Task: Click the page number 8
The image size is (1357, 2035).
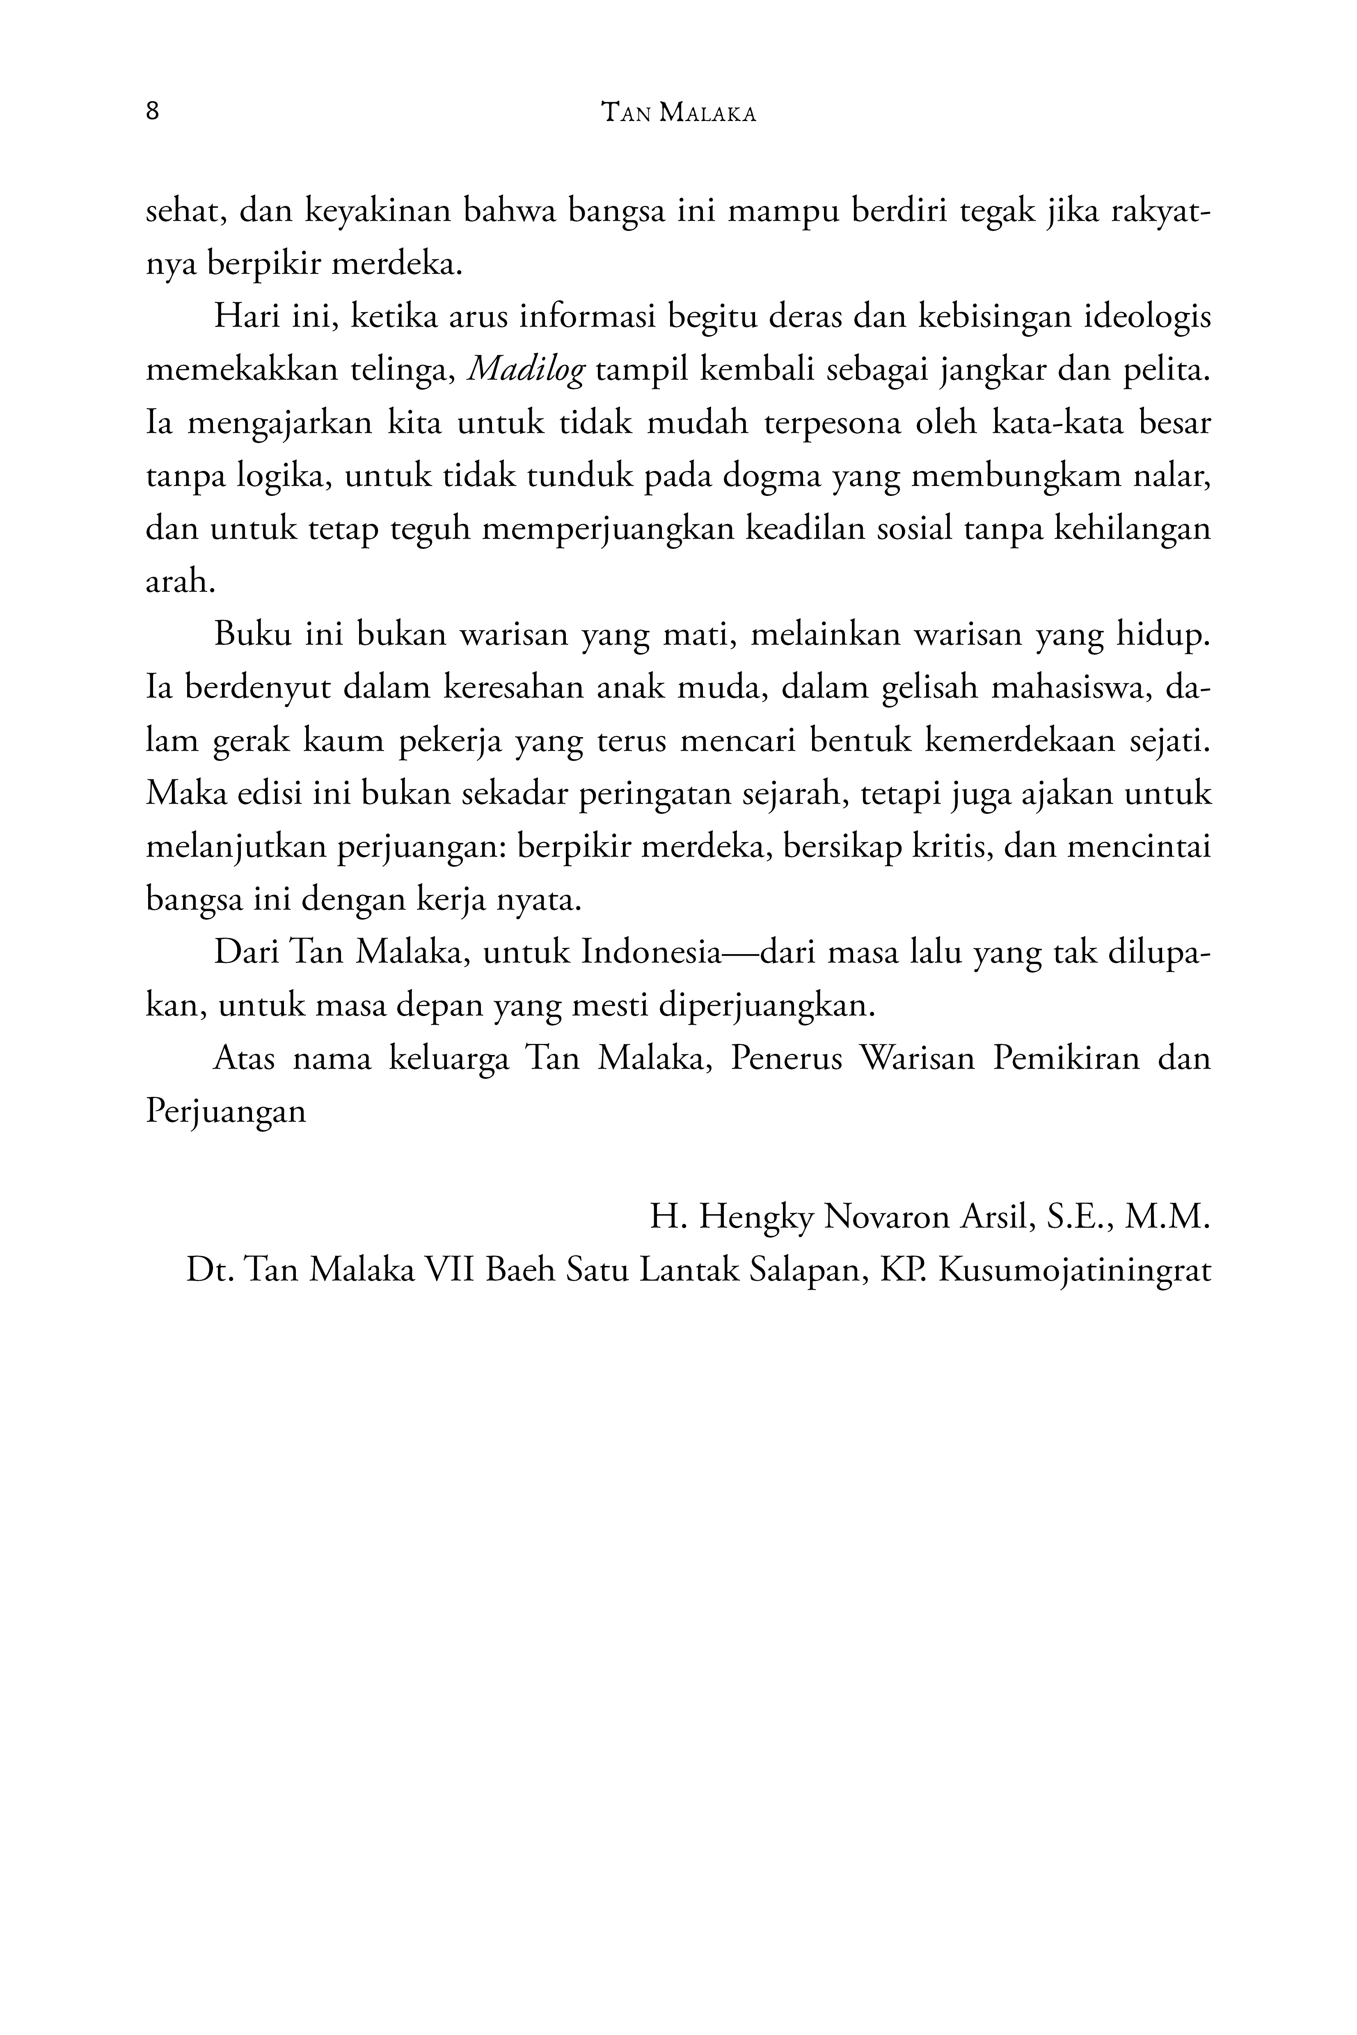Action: pyautogui.click(x=152, y=112)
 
